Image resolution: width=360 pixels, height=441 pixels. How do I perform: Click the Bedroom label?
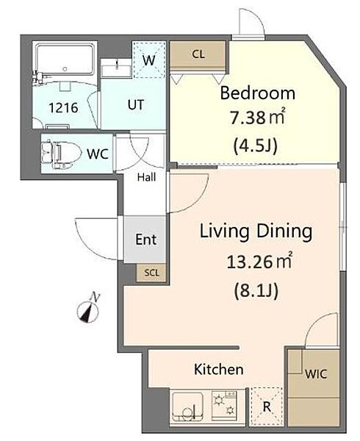(x=257, y=93)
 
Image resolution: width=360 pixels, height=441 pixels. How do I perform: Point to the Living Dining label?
(x=256, y=232)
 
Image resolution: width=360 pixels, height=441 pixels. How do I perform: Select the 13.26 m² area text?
(x=259, y=261)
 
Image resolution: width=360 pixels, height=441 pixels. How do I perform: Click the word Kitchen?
(x=219, y=369)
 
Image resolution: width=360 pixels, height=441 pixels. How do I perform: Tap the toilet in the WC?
(x=60, y=154)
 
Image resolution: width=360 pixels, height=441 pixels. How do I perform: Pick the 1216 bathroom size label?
(x=63, y=108)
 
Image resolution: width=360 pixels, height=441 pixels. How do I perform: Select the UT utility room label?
(x=136, y=105)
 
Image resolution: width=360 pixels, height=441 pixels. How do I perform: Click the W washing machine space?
(x=148, y=60)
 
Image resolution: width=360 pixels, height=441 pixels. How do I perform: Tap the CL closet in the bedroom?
(x=198, y=54)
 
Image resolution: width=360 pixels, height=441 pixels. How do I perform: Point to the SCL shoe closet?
(x=151, y=273)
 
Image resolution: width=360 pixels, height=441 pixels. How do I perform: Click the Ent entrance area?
(x=145, y=240)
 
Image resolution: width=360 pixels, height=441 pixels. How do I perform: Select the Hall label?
(x=147, y=177)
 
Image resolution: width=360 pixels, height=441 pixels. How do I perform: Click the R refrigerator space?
(x=267, y=406)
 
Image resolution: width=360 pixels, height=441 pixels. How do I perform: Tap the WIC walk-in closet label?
(x=316, y=374)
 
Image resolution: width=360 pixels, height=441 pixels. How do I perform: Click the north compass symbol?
(x=88, y=309)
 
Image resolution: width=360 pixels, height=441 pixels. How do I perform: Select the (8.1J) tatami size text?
(x=256, y=290)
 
